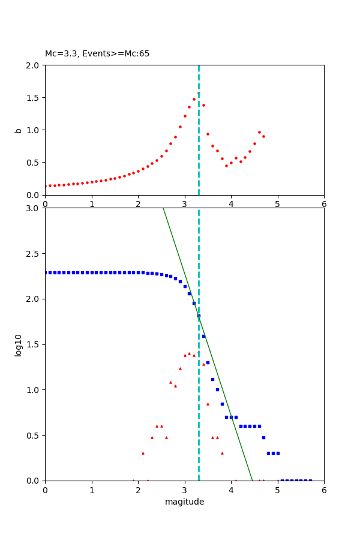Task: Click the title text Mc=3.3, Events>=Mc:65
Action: click(97, 54)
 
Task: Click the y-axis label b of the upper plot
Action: click(19, 130)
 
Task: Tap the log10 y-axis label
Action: click(19, 345)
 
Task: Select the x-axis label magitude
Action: click(184, 502)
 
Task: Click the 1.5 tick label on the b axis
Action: click(34, 98)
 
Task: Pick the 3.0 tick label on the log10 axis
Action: click(34, 208)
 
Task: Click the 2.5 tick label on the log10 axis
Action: click(34, 254)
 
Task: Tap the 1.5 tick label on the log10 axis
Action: click(34, 344)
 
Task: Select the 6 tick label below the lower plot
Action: click(324, 490)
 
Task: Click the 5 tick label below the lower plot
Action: click(277, 490)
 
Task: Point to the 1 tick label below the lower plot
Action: click(92, 490)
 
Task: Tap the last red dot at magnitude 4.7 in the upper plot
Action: click(263, 136)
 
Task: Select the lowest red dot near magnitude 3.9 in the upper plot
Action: click(226, 166)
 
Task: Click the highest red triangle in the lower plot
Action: click(189, 353)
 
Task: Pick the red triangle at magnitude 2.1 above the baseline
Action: click(143, 453)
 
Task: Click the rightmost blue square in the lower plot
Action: click(310, 481)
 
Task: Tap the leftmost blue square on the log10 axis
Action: click(46, 272)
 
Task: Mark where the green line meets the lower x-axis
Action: click(253, 481)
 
